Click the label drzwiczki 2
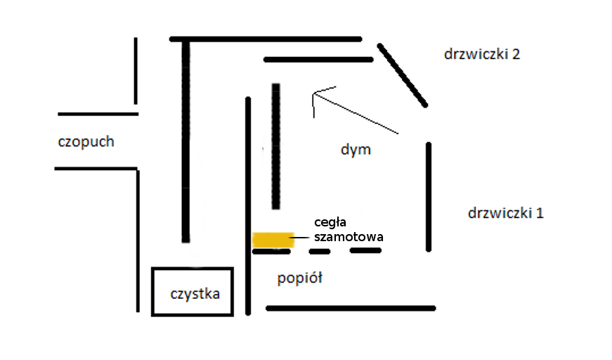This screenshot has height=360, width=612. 481,54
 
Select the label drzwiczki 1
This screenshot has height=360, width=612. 505,213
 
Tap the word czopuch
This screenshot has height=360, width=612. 86,141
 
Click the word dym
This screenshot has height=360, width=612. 355,150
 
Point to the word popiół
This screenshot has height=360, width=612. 299,278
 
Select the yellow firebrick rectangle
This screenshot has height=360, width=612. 273,240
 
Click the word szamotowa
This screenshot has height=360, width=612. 349,238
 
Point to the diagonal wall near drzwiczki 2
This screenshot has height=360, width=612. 403,75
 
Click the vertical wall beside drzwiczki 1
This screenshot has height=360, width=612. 429,196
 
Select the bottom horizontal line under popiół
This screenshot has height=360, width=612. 351,308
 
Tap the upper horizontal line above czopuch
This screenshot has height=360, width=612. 98,113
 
